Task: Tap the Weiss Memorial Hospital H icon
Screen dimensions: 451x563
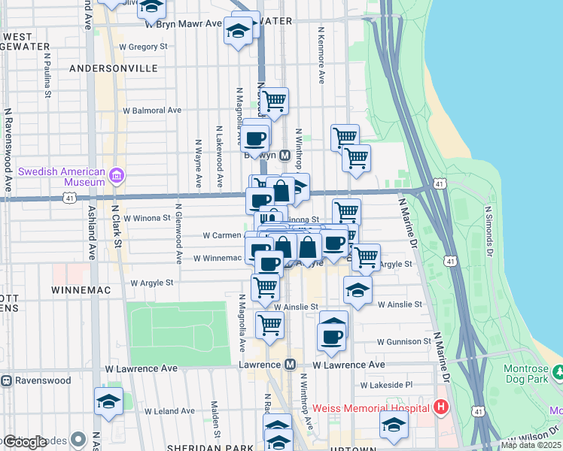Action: pos(441,408)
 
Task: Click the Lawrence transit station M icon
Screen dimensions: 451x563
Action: pos(290,365)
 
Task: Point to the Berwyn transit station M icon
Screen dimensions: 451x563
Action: pos(285,156)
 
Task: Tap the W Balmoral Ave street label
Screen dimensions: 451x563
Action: pos(152,110)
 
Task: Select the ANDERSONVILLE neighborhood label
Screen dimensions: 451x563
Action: pos(113,68)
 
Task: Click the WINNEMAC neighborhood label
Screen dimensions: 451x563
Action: pos(81,289)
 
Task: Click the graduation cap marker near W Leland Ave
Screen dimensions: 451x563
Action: pos(108,401)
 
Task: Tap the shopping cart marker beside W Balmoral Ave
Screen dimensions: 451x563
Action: pos(274,100)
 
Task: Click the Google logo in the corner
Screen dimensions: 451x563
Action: pos(24,442)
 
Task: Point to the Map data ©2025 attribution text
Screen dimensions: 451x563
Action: pos(531,445)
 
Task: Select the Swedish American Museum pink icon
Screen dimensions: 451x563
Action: pos(116,177)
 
